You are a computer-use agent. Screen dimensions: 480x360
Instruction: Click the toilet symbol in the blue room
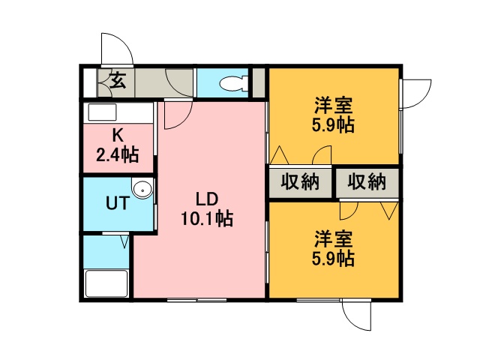point(234,83)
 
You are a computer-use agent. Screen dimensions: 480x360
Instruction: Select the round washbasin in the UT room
point(142,188)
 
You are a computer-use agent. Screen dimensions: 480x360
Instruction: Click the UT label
point(118,203)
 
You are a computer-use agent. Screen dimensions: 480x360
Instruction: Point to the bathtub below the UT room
point(106,283)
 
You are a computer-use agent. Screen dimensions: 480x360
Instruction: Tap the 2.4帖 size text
point(118,154)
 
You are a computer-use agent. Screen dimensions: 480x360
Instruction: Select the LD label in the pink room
point(207,199)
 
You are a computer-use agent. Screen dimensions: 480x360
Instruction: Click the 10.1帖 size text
point(207,218)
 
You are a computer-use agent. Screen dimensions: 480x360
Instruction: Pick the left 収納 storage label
point(300,182)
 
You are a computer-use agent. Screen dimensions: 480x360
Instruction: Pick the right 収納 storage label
point(367,182)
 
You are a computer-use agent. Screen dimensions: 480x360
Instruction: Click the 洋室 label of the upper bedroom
point(333,105)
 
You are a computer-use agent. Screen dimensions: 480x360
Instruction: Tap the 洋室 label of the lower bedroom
point(333,239)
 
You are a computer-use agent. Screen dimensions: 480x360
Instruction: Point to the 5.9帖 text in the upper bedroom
point(333,124)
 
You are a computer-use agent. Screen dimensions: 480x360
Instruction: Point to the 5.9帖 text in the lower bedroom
point(333,259)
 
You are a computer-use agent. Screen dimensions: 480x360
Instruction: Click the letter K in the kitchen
point(118,135)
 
